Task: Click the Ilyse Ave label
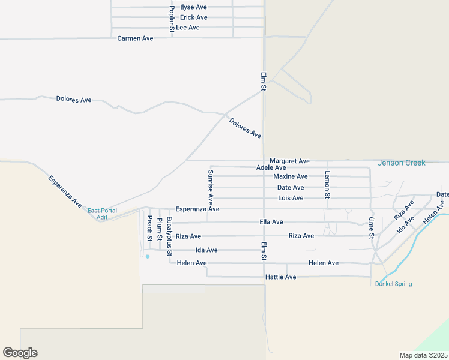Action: click(193, 7)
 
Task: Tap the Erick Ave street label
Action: click(193, 17)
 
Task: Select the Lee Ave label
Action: click(188, 28)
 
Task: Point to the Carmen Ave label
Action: click(135, 38)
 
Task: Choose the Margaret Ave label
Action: click(289, 161)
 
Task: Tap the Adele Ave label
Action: click(271, 168)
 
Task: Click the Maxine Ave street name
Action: click(290, 176)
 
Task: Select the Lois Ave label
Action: click(291, 198)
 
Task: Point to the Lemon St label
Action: click(327, 184)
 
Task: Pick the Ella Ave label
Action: click(271, 222)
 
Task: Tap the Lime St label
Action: click(372, 229)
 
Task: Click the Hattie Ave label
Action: click(280, 277)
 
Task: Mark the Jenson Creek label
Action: click(401, 163)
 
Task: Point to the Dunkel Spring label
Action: click(393, 284)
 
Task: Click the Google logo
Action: click(20, 353)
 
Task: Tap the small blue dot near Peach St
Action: click(148, 256)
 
